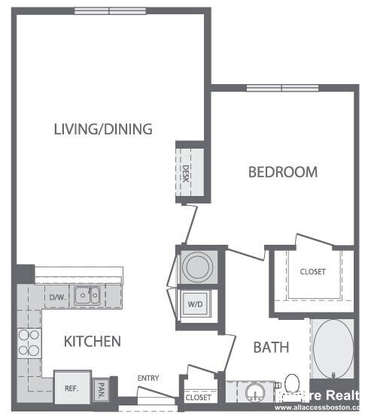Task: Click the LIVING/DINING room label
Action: tap(103, 128)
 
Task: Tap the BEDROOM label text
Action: tap(283, 172)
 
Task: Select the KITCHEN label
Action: tap(92, 342)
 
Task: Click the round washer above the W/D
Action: tap(199, 267)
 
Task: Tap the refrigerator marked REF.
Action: tap(71, 388)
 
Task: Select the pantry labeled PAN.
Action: tap(101, 390)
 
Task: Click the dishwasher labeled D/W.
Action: tap(57, 297)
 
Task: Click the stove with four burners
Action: tap(29, 342)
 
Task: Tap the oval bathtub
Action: tap(332, 350)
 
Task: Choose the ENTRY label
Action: tap(147, 378)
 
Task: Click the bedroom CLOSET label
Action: tap(312, 272)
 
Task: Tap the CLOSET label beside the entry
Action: tap(198, 397)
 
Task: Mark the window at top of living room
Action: tap(110, 11)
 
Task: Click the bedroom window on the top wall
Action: tap(281, 88)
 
